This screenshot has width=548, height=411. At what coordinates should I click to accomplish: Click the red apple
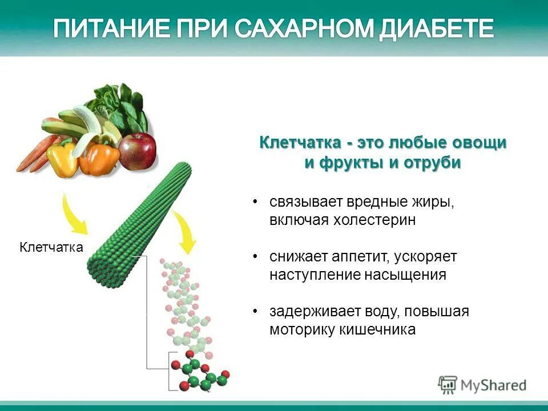(138, 150)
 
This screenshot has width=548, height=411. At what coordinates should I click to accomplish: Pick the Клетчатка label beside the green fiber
(51, 247)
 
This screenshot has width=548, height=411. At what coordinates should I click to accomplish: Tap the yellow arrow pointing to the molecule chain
(184, 231)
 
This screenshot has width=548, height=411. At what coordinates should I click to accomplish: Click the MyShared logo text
(494, 385)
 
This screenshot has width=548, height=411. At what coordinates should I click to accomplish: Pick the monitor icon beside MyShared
(448, 384)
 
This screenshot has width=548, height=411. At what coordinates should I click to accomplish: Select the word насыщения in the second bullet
(405, 275)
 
